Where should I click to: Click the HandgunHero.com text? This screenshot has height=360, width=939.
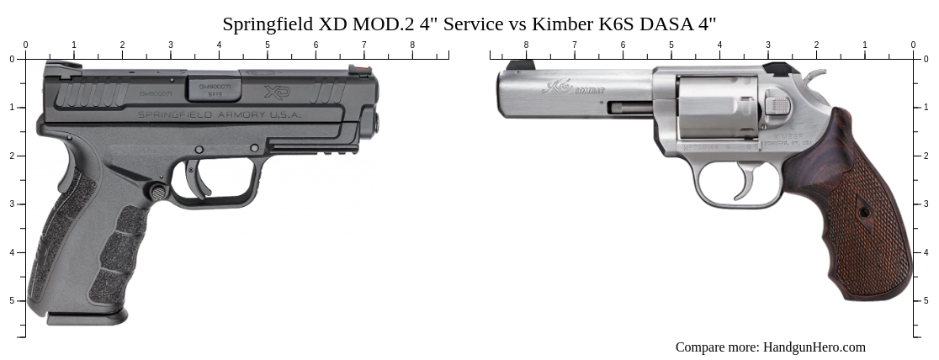pos(814,347)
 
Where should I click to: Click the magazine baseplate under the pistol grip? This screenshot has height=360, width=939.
pos(87,318)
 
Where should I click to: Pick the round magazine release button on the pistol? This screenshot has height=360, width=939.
pos(157,192)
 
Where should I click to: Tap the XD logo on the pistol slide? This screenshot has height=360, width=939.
pos(276,92)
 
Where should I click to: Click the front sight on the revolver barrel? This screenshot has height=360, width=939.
pos(519,65)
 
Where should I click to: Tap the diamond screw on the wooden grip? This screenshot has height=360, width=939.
pos(864,213)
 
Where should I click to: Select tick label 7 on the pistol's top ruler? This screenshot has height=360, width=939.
pos(364,45)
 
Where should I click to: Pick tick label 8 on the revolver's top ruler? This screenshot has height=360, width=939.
pos(527,45)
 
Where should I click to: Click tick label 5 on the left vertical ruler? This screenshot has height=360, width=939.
pos(11,301)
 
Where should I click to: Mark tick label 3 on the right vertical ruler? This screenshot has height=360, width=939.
pos(926,204)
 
